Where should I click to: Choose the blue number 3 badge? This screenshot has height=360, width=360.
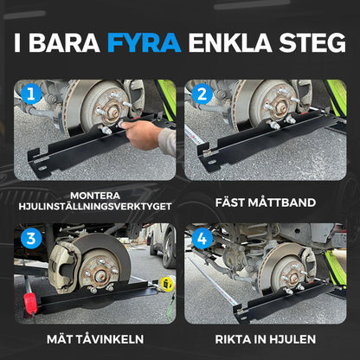point(32,239)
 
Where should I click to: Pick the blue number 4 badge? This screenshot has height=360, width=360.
point(202,239)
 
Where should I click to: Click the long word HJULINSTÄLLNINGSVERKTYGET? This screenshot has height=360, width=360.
point(96,205)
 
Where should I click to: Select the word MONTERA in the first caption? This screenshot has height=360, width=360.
point(96,194)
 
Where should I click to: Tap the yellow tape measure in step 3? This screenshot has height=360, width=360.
point(166,283)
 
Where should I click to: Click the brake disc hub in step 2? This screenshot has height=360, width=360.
point(275,108)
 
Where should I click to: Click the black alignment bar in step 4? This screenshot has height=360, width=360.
point(277,303)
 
